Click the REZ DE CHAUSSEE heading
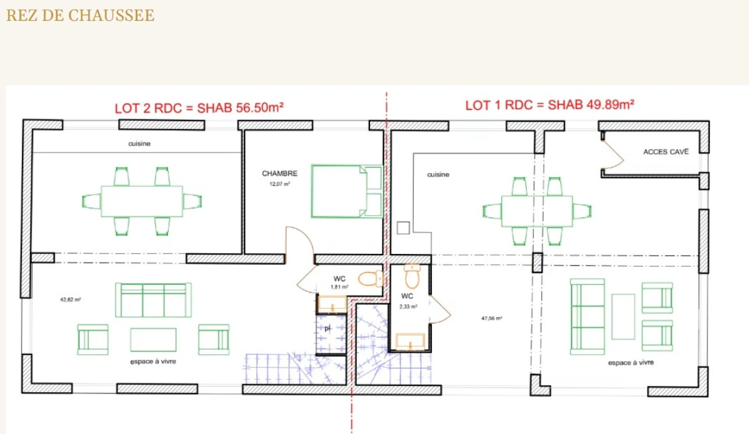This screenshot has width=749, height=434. point(80,15)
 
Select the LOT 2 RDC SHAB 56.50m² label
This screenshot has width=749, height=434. point(199,108)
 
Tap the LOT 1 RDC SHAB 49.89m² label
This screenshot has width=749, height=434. point(549,105)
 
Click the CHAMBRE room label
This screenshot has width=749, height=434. point(280,174)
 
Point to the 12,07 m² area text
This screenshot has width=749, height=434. point(280,184)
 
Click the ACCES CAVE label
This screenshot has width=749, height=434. point(666,151)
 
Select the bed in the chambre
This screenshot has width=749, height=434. point(346,191)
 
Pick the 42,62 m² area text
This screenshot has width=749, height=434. point(70,299)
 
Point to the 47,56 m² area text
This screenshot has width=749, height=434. point(491,318)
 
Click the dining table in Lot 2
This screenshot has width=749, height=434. point(141,201)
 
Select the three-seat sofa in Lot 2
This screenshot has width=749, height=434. point(153,300)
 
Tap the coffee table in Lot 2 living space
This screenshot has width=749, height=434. point(153,340)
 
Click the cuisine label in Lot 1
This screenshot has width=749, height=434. point(438,174)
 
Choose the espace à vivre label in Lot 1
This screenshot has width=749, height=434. point(630,362)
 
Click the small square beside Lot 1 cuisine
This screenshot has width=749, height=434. point(403,228)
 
